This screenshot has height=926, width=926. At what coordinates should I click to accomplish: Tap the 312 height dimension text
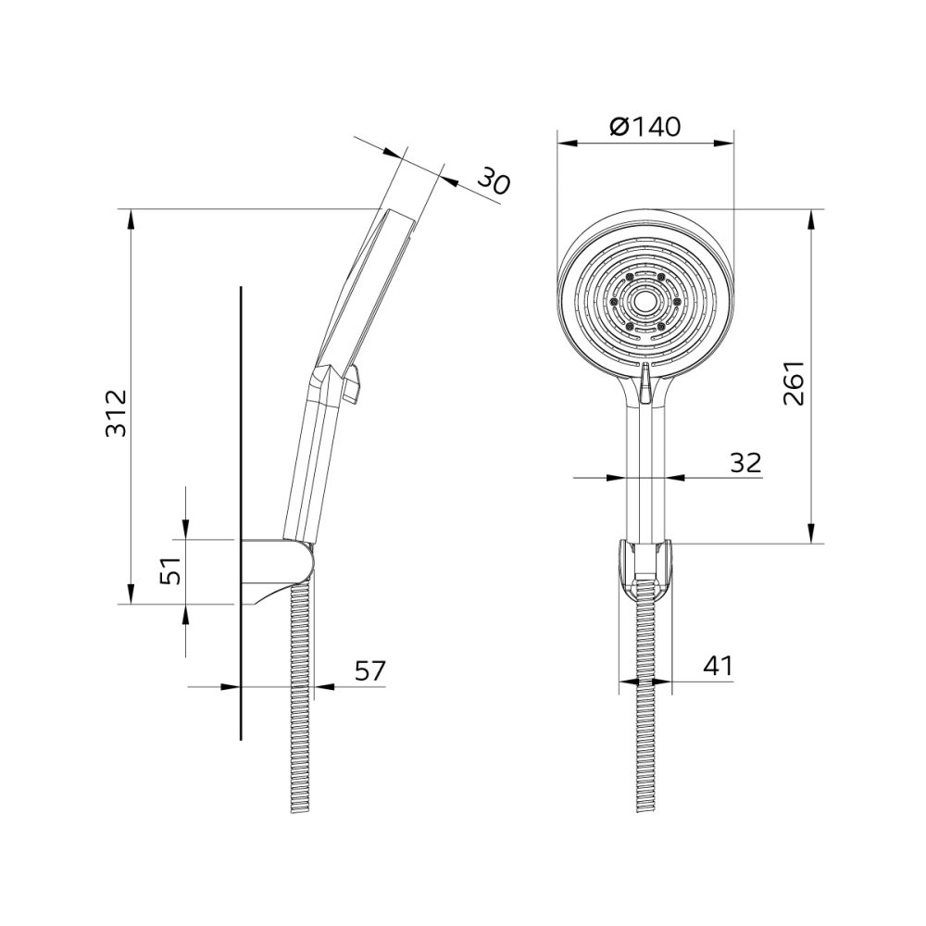[x=117, y=413]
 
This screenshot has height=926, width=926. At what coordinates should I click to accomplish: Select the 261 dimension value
[x=794, y=382]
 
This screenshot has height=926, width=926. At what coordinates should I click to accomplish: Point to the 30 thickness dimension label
[x=494, y=181]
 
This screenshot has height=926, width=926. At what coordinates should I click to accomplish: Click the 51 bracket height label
[x=172, y=570]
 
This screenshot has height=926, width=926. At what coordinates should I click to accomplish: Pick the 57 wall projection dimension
[x=369, y=670]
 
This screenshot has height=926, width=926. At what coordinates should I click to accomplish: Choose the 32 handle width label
[x=745, y=463]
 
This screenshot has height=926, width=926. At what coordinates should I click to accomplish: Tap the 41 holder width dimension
[x=718, y=666]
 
